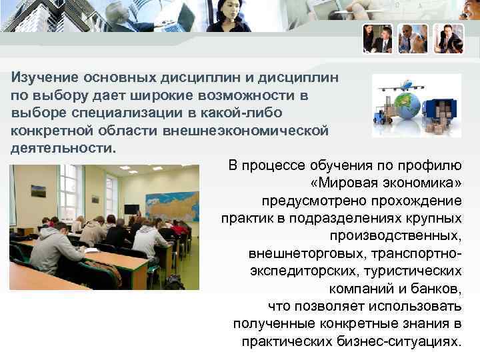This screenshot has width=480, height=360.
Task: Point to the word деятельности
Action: pyautogui.click(x=62, y=147)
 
